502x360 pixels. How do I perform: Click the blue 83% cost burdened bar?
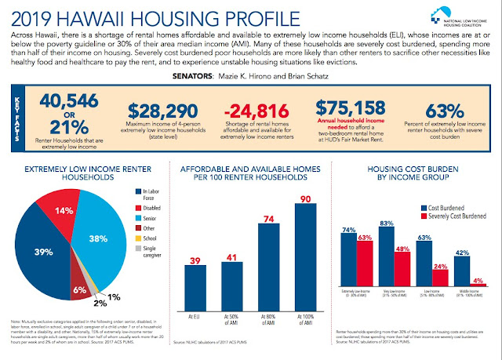[x=387, y=260]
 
